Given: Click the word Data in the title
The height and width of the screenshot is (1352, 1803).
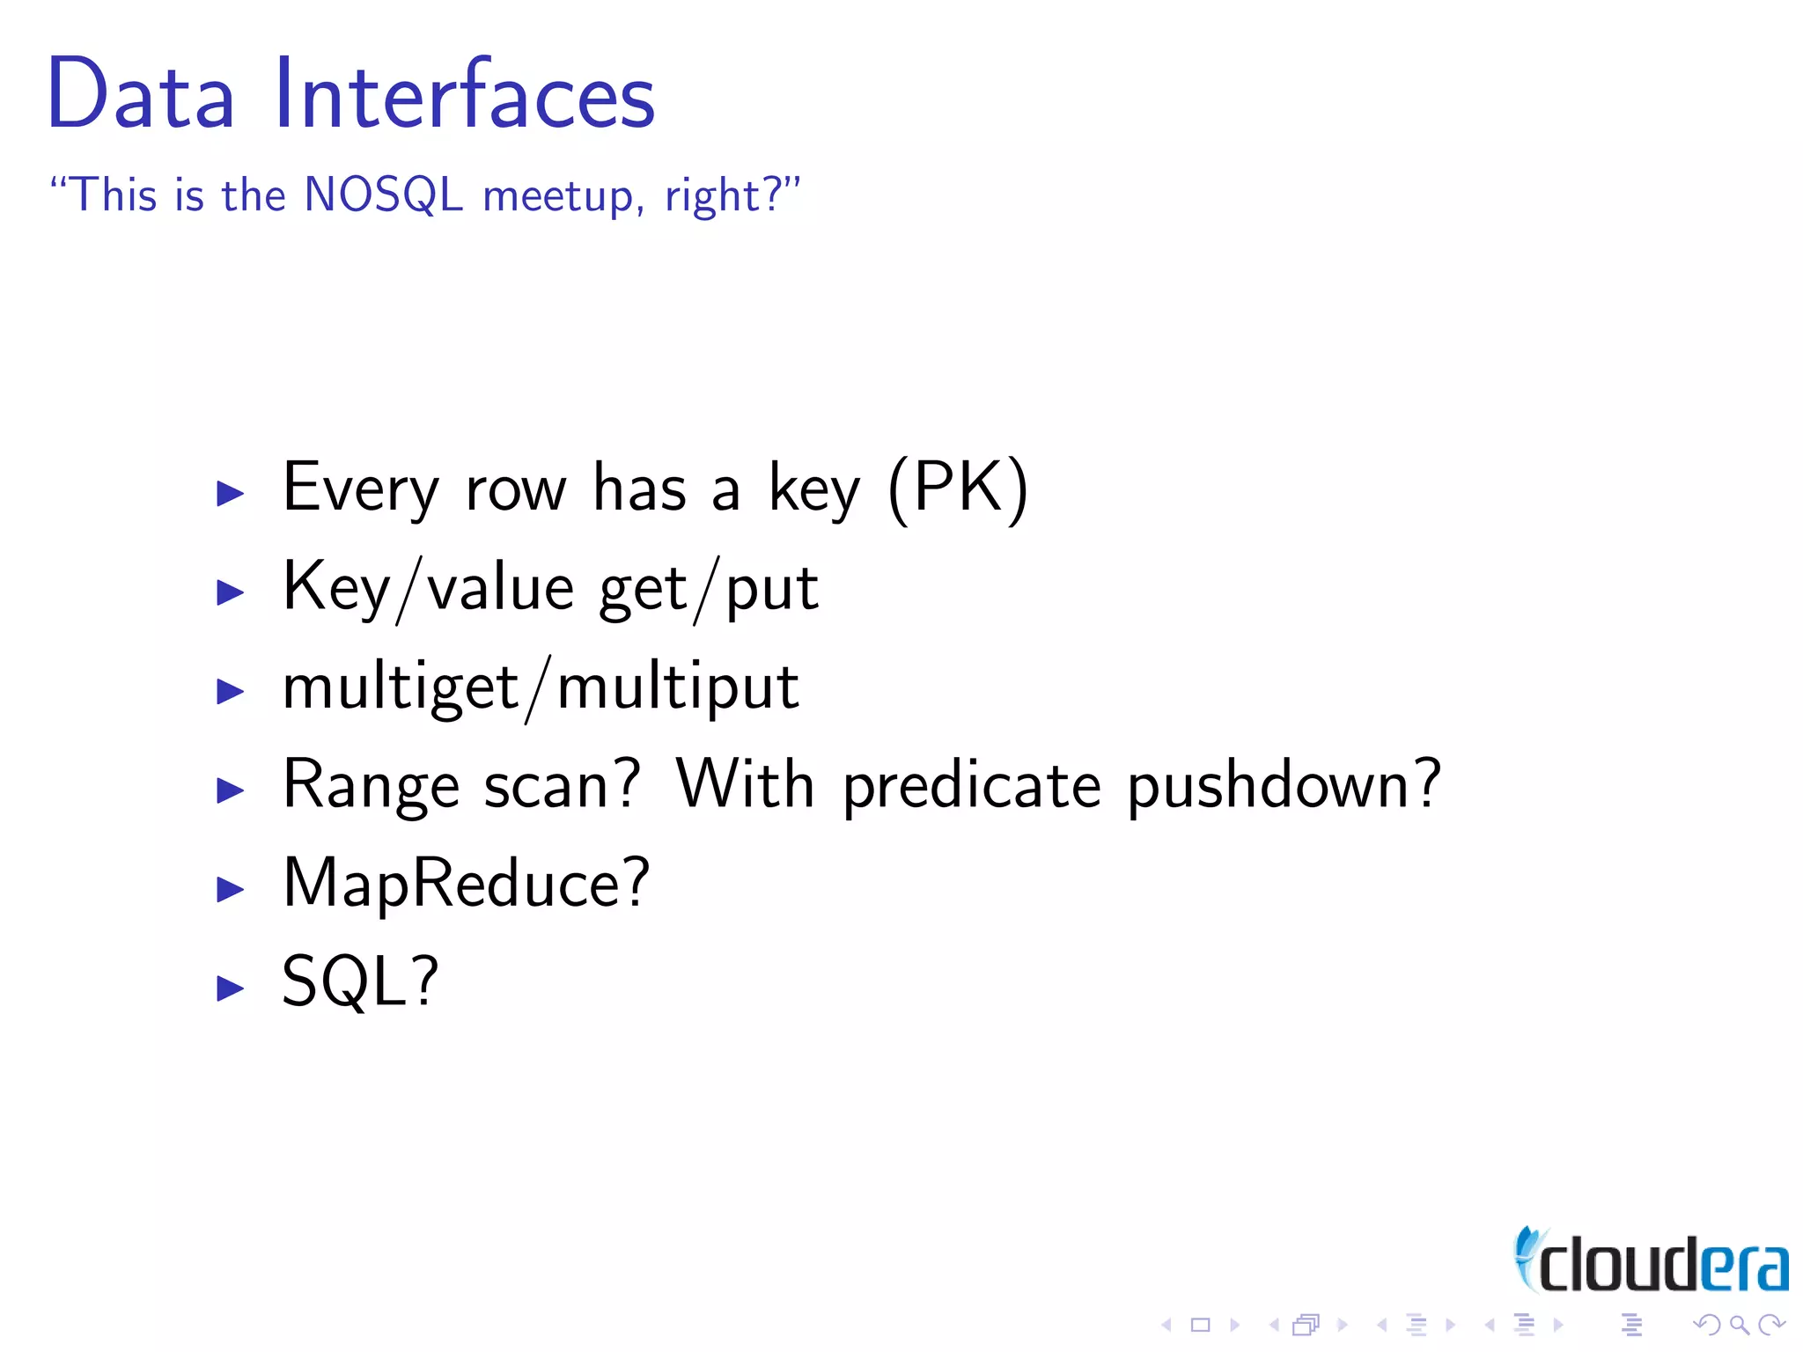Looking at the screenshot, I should (141, 93).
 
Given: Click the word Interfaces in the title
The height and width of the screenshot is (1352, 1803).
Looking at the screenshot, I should (464, 93).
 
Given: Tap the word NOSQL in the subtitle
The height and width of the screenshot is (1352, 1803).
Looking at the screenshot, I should (383, 195).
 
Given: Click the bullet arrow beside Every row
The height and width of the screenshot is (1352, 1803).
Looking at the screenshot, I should (231, 493).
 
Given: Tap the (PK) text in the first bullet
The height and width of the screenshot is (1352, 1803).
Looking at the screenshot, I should (958, 489).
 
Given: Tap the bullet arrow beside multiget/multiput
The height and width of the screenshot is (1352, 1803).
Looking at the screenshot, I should (231, 691).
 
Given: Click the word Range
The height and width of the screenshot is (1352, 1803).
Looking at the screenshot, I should (371, 785).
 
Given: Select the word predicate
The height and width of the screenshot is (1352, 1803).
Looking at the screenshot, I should (972, 785).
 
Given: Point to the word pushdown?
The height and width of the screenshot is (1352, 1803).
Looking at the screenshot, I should (1284, 785).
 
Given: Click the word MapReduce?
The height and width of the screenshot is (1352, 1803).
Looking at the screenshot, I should (466, 884).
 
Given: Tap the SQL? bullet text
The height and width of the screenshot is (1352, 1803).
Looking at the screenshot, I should (360, 981).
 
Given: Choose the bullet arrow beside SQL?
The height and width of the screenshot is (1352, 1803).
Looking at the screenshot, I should (231, 988).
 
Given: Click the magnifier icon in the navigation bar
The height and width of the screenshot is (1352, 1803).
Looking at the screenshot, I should (1739, 1325).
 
